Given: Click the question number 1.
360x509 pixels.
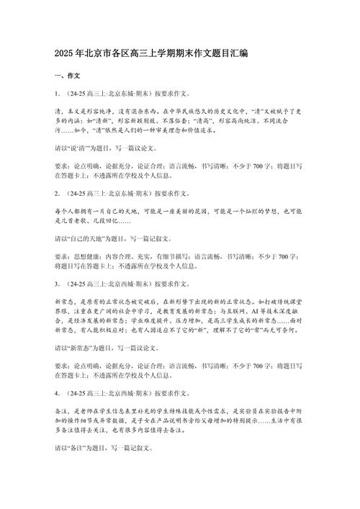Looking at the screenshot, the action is [x=56, y=94].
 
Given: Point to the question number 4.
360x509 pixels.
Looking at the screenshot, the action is [x=56, y=394].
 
